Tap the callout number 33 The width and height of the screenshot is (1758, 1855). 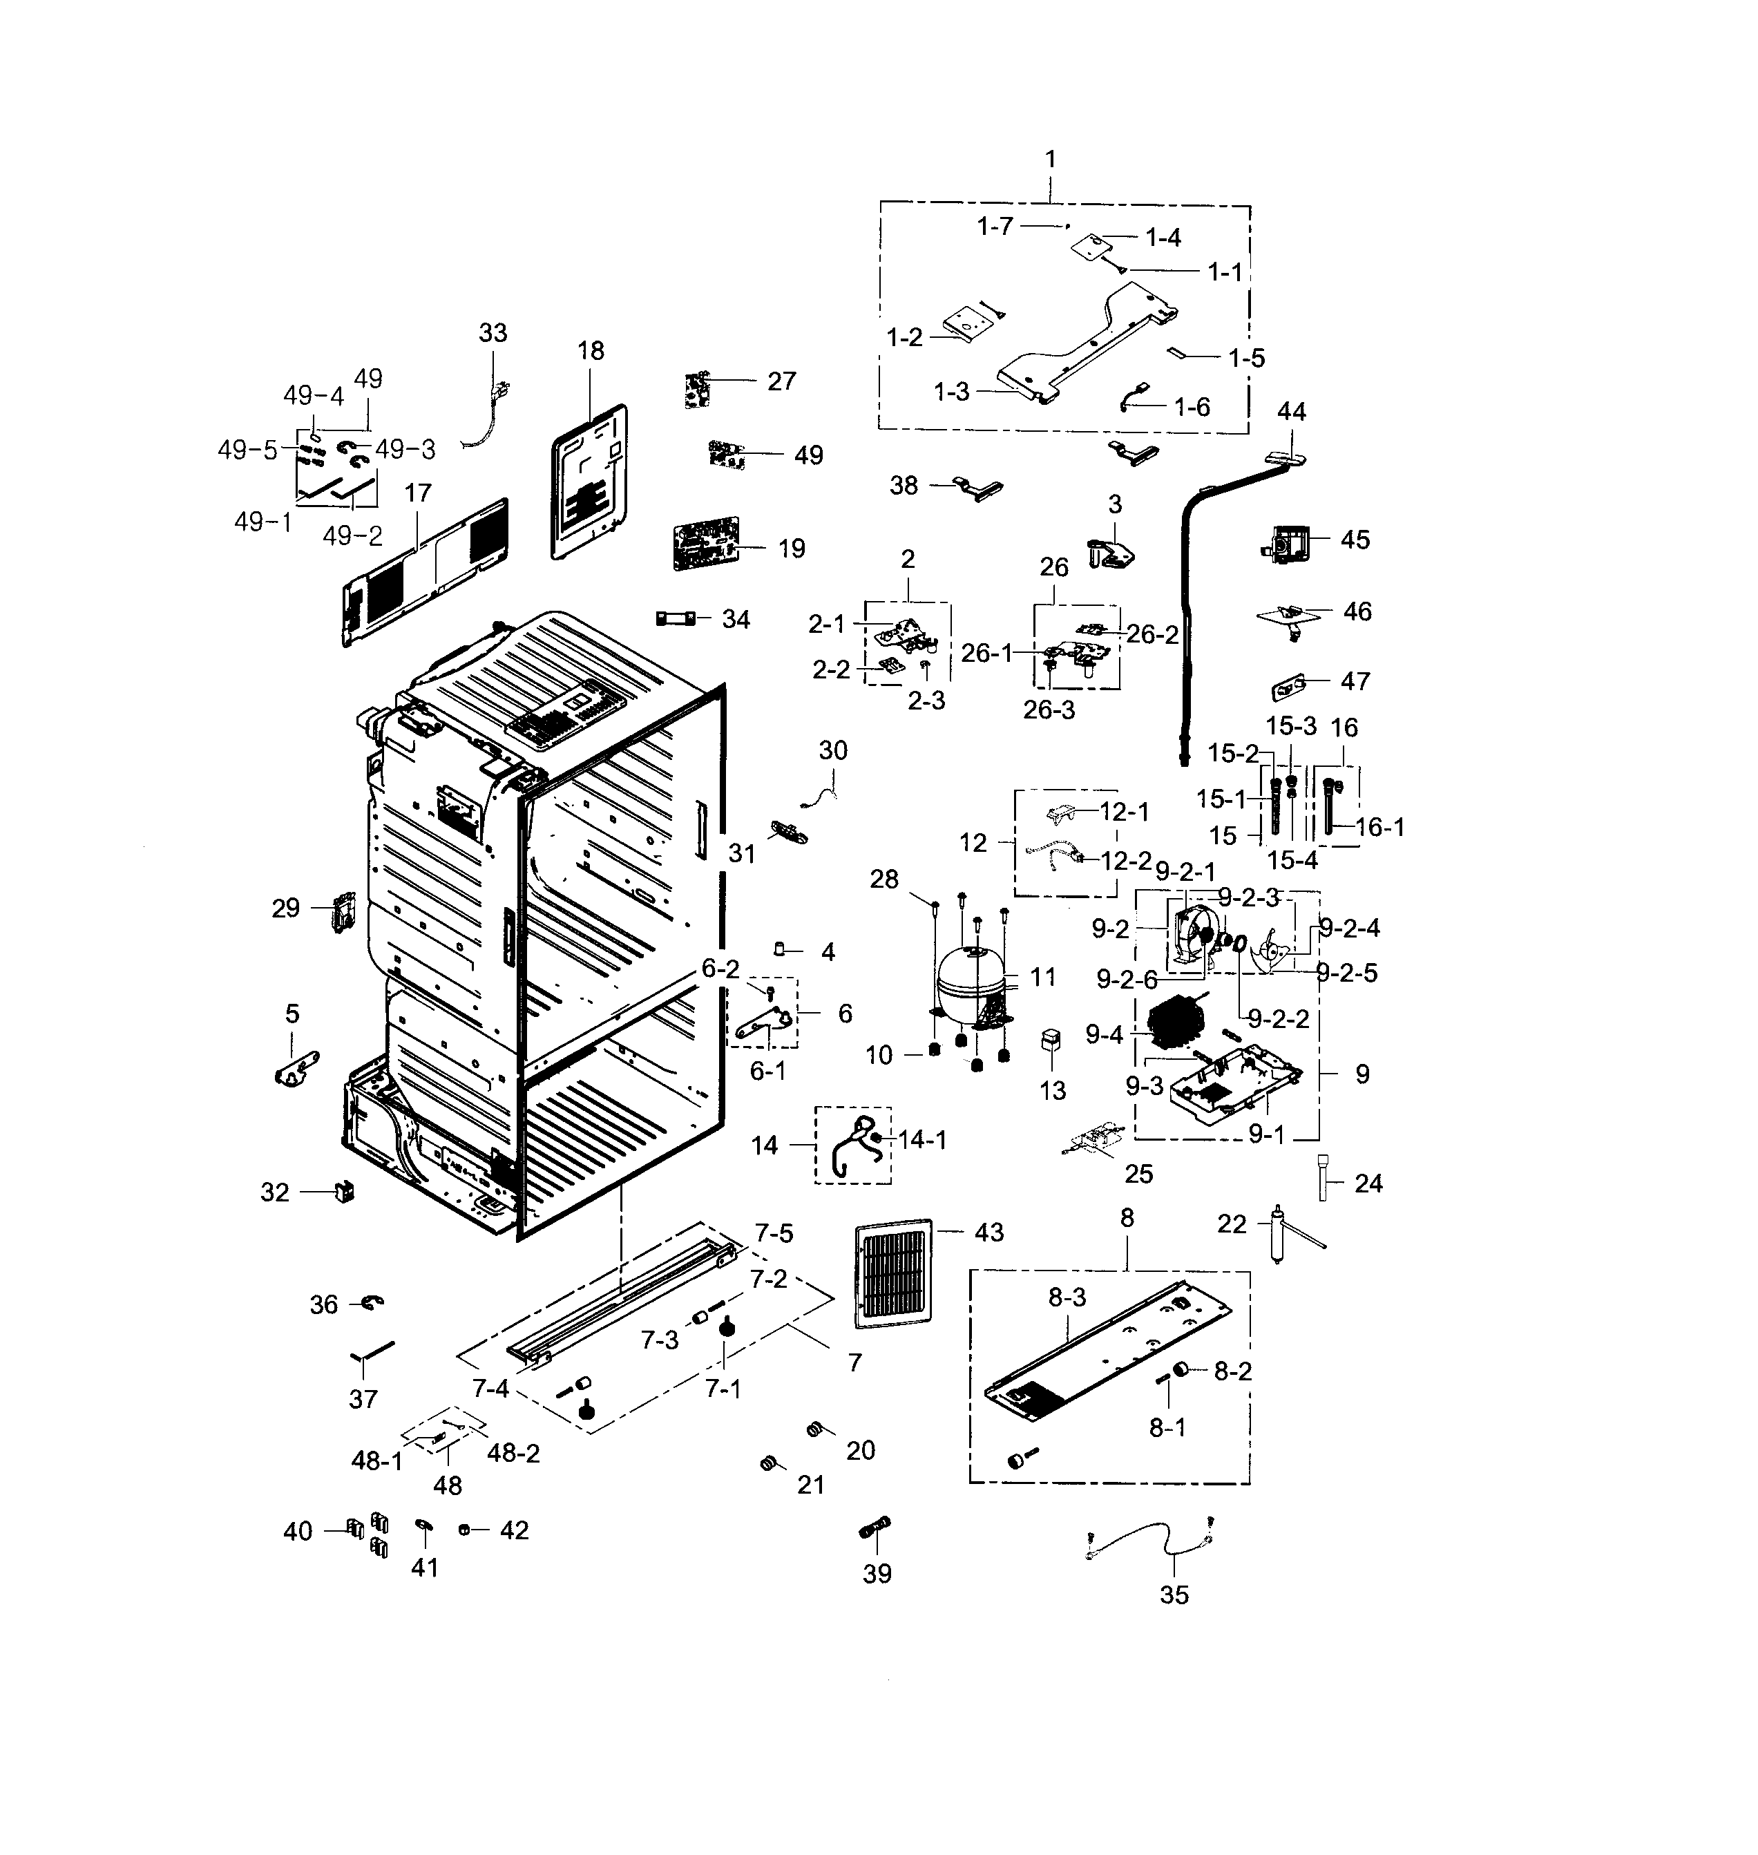493,333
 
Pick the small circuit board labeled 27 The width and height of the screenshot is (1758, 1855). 696,389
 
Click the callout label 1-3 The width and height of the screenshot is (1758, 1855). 951,392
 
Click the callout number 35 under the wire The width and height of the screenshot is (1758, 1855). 1174,1595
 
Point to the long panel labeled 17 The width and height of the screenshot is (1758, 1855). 426,573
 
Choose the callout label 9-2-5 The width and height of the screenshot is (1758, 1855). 1346,973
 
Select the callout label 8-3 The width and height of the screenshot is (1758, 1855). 1067,1297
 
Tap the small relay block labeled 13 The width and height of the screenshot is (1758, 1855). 1051,1040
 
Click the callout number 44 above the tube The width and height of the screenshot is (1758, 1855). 1291,412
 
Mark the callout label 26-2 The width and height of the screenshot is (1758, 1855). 1152,635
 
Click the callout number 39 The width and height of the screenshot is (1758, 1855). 877,1574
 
